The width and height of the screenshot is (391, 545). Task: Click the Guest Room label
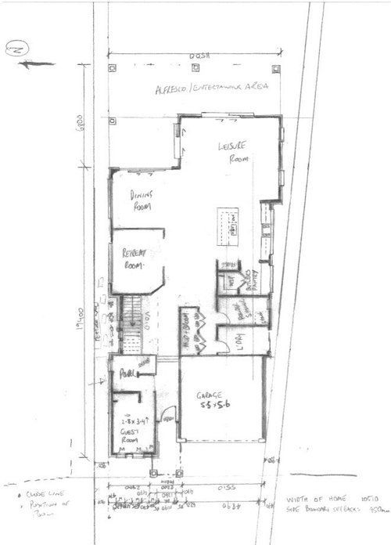(131, 431)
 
